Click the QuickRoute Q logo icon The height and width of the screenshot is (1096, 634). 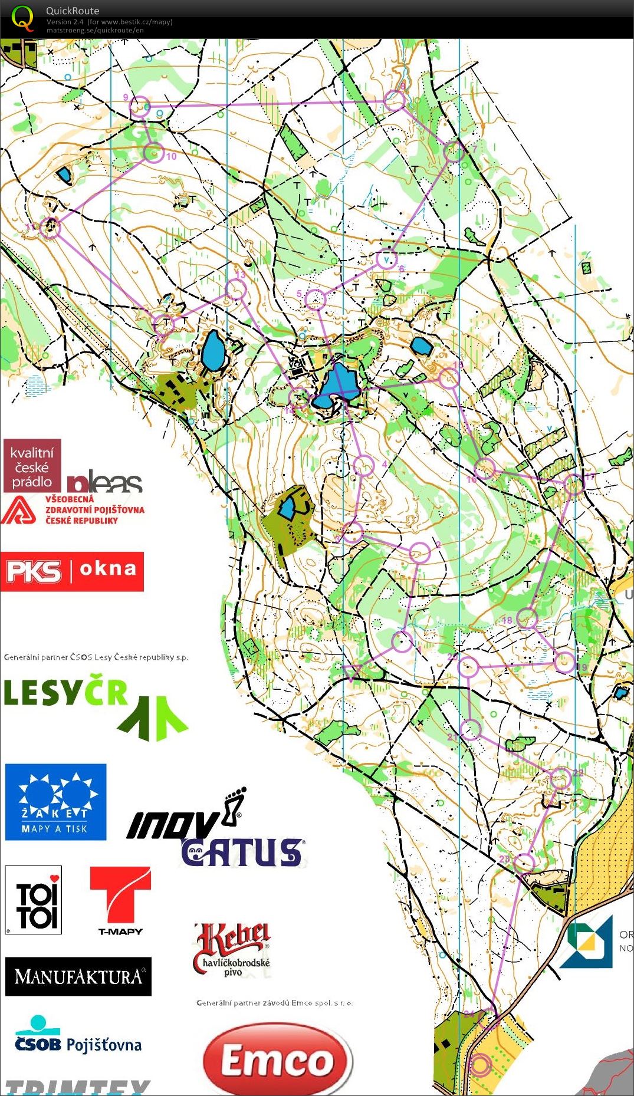point(22,18)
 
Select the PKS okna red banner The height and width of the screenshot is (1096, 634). point(72,571)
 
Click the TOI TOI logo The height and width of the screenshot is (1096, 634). point(33,900)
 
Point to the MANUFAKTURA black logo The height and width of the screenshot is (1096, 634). point(78,976)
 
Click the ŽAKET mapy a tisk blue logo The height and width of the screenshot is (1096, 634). point(55,802)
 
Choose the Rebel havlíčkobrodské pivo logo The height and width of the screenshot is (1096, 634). point(232,949)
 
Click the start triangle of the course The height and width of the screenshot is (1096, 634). point(352,672)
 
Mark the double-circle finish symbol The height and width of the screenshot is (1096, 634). point(480,1065)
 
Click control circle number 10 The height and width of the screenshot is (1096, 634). point(154,152)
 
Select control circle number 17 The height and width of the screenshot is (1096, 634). point(573,485)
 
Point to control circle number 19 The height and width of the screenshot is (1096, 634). point(564,663)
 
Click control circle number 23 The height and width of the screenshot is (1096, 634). point(524,863)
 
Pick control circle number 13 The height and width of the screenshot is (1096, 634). point(236,289)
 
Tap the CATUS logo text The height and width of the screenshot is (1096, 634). point(242,853)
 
